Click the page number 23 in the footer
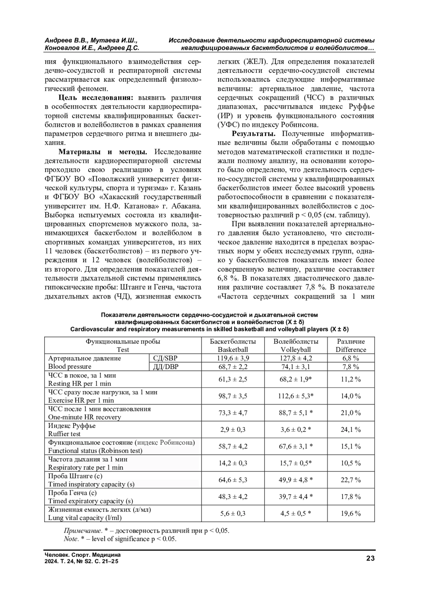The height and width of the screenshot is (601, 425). coord(370,559)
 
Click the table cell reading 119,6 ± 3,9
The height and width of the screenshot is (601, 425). coord(233,358)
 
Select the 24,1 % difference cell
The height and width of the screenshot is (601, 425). coord(351,430)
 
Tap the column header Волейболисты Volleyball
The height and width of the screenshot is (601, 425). coord(296,345)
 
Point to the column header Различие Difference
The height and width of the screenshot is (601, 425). coord(351,345)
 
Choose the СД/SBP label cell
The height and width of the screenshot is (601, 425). coord(165,358)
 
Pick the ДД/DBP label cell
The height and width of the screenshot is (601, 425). coord(165,367)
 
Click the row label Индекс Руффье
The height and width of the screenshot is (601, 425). coord(72,426)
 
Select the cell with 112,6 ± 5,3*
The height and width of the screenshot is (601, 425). coord(296,396)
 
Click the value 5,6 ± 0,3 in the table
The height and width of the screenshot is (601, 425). coord(233,514)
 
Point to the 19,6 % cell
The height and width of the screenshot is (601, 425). coord(351,514)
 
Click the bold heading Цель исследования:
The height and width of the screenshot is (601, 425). coord(95,98)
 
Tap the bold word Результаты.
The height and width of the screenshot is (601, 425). coord(254,134)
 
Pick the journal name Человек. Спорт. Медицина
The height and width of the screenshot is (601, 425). coord(83,555)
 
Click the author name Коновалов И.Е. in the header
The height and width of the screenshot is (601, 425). coord(69,48)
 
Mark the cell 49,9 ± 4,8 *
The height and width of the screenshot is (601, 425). coord(296,480)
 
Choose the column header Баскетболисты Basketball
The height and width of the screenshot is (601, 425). coord(233,345)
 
